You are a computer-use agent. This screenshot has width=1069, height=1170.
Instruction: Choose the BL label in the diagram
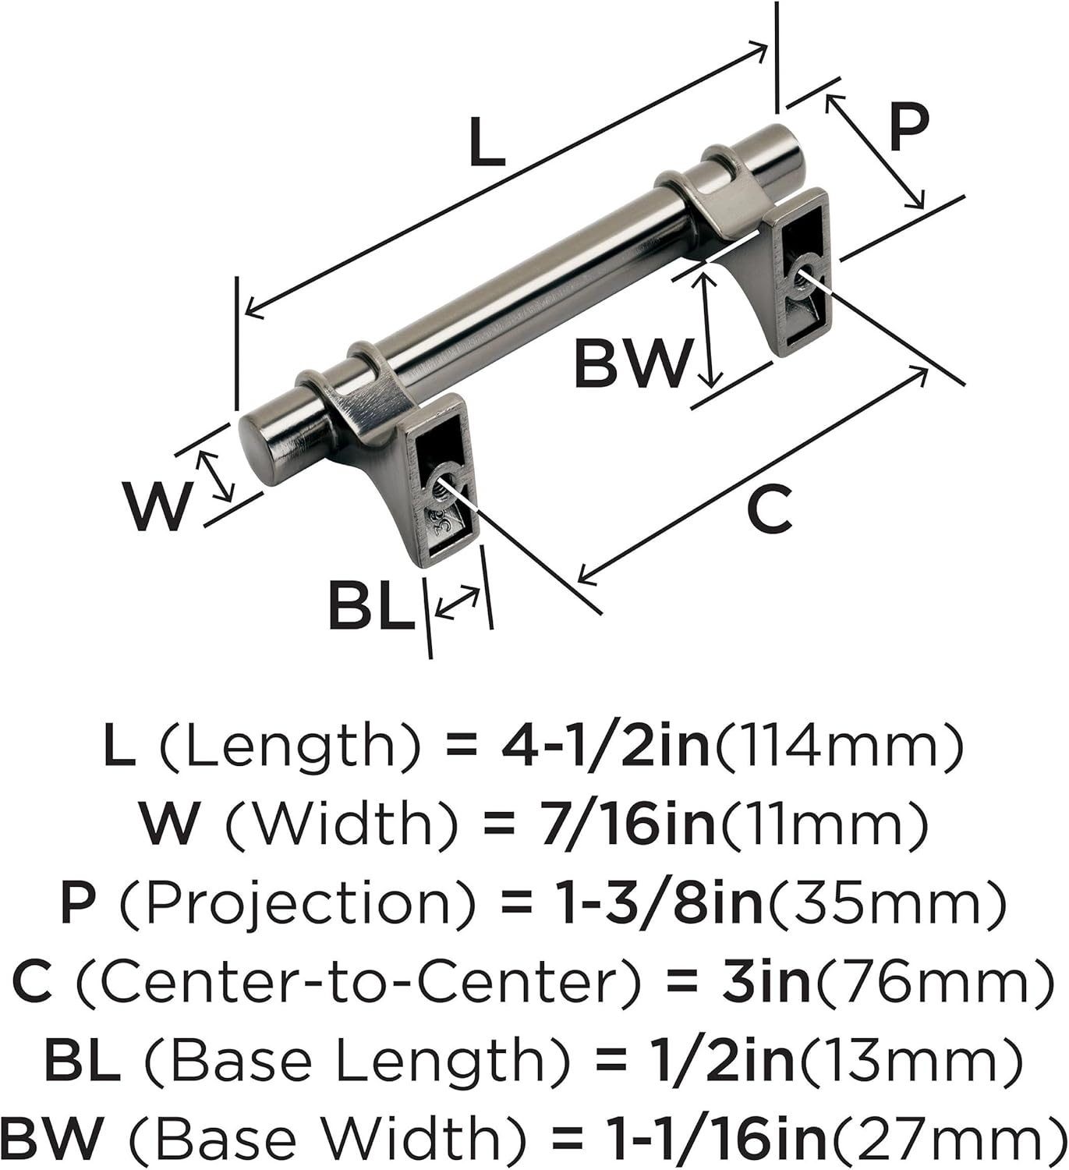tap(371, 606)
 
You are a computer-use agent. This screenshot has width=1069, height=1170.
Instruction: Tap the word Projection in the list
tap(309, 902)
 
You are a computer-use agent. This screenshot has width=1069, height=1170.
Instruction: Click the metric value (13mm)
tap(908, 1062)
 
